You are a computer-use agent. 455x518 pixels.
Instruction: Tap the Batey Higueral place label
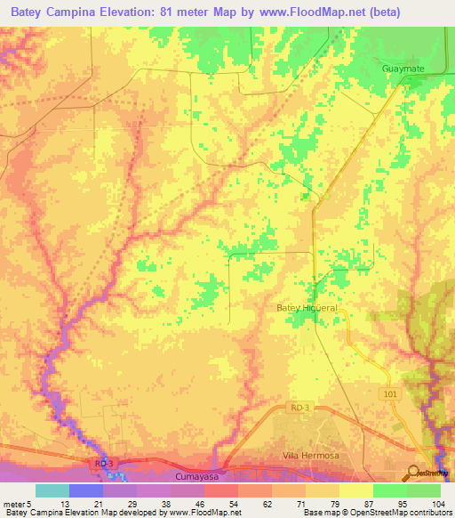click(307, 308)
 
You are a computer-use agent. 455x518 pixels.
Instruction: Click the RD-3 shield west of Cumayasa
click(105, 464)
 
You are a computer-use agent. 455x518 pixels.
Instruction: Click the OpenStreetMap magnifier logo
click(415, 472)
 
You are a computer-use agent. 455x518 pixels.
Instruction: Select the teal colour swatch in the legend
click(52, 490)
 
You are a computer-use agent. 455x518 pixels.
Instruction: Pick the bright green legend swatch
click(390, 490)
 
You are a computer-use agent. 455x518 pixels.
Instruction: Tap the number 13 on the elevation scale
click(65, 503)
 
